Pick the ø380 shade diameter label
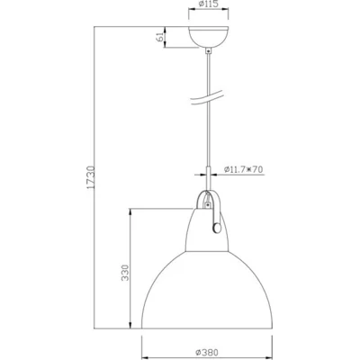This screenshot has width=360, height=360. coord(208,352)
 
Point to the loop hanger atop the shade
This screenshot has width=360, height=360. coord(209,200)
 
